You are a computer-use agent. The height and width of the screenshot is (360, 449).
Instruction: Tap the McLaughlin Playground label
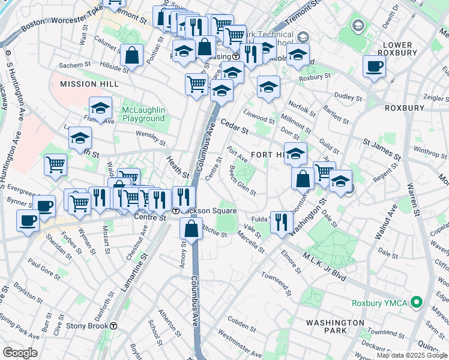click(143, 114)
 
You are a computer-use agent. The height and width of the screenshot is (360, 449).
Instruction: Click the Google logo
click(20, 353)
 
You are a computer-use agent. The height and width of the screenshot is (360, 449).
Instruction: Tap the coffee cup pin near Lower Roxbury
click(374, 67)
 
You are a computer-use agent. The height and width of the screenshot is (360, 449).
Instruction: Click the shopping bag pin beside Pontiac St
click(131, 56)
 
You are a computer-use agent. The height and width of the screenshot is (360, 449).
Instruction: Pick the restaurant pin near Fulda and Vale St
click(281, 222)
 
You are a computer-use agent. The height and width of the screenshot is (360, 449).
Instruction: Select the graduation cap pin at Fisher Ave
click(100, 109)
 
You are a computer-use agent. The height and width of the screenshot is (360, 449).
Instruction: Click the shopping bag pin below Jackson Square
click(191, 229)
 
